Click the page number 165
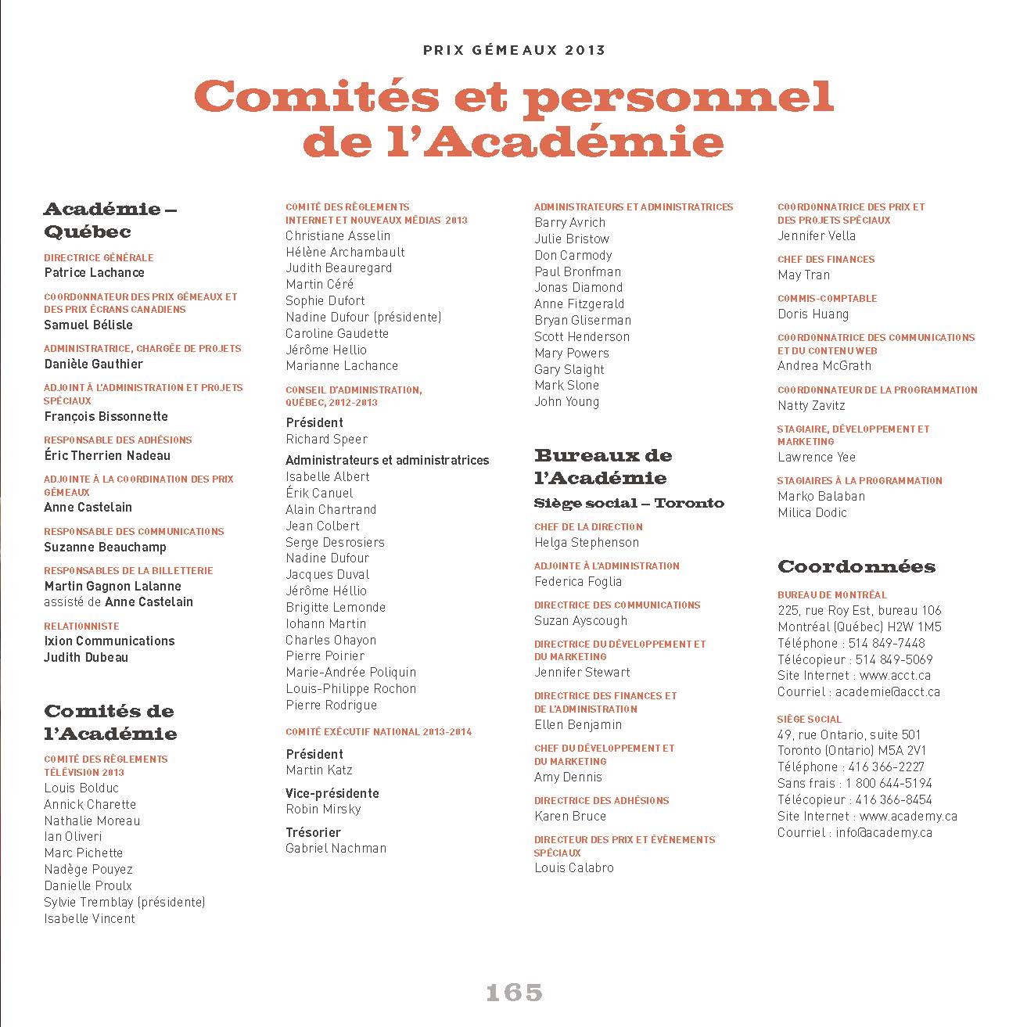514,993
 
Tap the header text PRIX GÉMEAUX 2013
514,50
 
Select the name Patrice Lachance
94,273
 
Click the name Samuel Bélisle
88,325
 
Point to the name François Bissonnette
106,417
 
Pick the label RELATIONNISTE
81,626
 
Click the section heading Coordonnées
856,566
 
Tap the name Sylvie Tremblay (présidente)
124,903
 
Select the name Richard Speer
326,440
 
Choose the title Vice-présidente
332,793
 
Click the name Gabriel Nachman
336,849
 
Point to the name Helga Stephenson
587,543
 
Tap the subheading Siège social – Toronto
629,503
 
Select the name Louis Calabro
574,868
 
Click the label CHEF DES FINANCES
826,259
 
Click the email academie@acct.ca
887,692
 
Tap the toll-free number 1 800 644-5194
888,784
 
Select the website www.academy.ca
908,817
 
